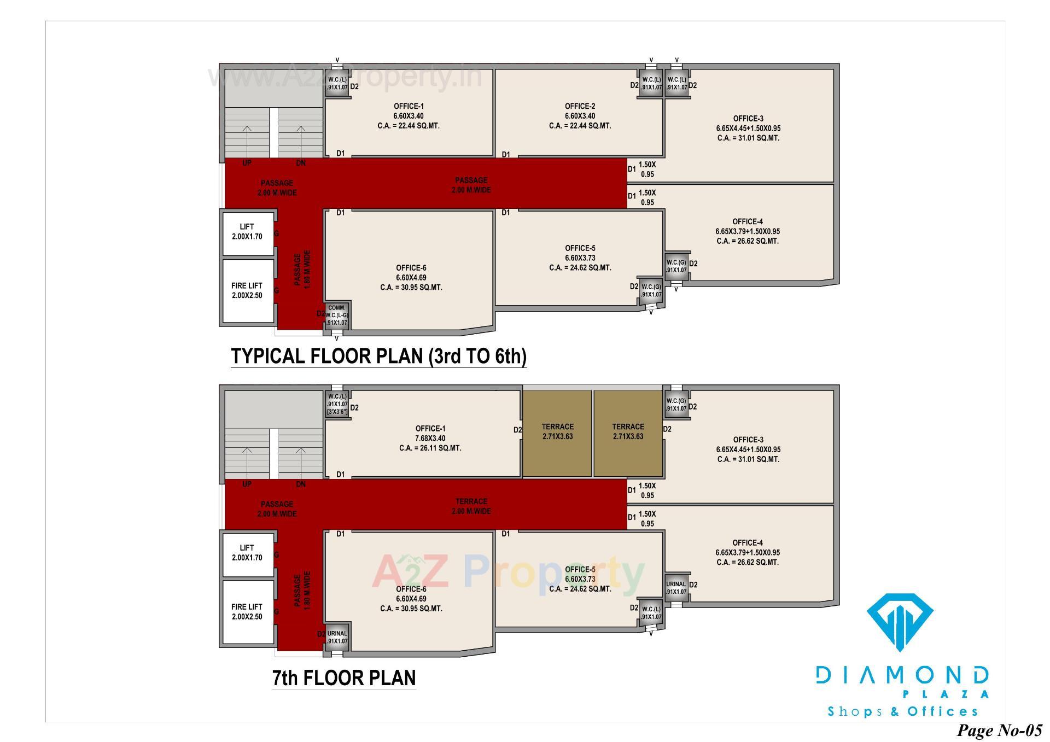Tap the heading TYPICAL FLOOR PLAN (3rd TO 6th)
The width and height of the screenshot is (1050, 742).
coord(378,356)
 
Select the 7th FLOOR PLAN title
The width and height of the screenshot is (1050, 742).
coord(344,677)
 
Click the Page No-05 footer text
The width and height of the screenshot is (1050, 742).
coord(999,730)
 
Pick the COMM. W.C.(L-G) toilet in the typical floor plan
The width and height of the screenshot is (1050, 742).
coord(337,316)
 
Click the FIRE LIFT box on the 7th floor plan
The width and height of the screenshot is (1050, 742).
coord(247,611)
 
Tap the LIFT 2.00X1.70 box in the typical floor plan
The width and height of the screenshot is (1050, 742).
coord(247,232)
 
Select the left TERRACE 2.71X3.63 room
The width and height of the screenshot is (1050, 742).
coord(557,432)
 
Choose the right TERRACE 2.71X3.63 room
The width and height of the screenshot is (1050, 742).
coord(628,432)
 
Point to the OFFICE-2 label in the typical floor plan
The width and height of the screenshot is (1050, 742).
coord(580,107)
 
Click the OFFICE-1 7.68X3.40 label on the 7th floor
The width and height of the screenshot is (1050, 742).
coord(430,434)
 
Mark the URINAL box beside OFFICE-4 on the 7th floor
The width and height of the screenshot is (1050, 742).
coord(676,588)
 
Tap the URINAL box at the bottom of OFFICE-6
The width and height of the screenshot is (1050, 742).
coord(337,637)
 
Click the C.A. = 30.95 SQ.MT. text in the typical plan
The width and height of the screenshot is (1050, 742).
coord(411,288)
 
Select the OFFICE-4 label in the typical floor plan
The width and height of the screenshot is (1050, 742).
coord(748,221)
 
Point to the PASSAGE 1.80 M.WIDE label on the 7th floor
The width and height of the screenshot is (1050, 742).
coord(302,591)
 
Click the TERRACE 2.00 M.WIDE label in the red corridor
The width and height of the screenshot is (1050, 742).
coord(471,506)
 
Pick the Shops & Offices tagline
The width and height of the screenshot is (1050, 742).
coord(902,711)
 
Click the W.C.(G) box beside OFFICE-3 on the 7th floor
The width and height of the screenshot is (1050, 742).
coord(676,405)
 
